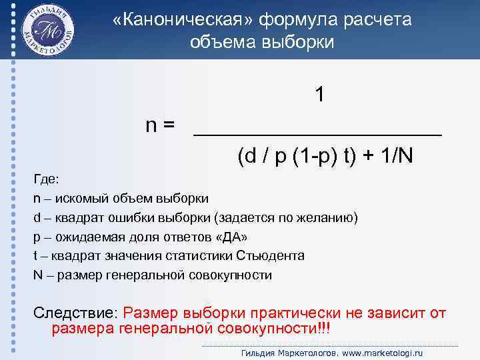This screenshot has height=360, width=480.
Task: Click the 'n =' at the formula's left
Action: pos(161,125)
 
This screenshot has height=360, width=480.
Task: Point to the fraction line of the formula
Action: pos(317,135)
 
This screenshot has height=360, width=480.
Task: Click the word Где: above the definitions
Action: pos(46,179)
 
